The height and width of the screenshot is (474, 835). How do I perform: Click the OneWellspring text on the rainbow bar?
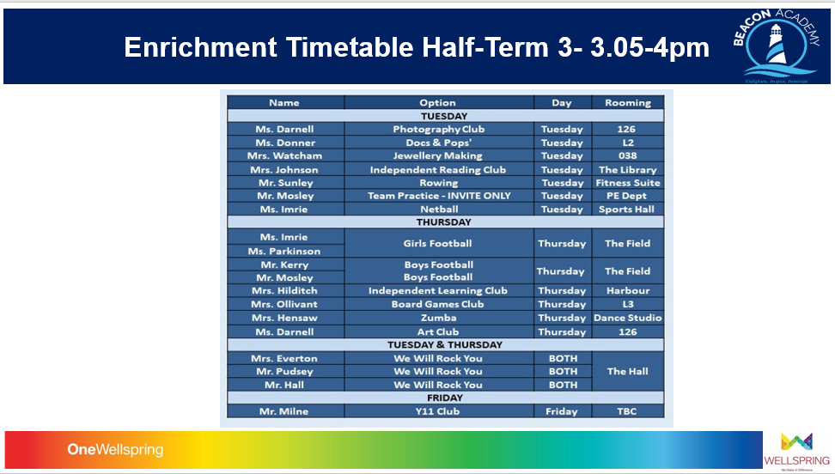115,450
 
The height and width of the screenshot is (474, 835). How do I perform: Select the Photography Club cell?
438,129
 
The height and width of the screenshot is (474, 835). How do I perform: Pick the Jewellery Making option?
438,156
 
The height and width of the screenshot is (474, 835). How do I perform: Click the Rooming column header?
627,103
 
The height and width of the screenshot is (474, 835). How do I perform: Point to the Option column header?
438,103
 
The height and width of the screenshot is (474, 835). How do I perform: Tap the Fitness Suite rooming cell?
627,183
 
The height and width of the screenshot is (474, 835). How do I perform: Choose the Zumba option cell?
438,318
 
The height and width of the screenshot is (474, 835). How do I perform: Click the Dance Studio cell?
627,318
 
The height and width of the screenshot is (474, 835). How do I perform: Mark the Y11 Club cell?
438,411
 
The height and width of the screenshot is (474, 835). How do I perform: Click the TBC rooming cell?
627,411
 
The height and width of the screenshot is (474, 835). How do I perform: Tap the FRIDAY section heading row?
445,398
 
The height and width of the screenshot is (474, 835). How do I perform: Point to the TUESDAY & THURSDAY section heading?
445,345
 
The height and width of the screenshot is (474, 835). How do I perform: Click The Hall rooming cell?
627,372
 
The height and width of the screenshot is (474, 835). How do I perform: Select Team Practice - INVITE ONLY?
438,196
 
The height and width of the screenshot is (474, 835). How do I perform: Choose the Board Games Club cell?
438,304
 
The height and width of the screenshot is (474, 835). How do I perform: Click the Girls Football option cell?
438,244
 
